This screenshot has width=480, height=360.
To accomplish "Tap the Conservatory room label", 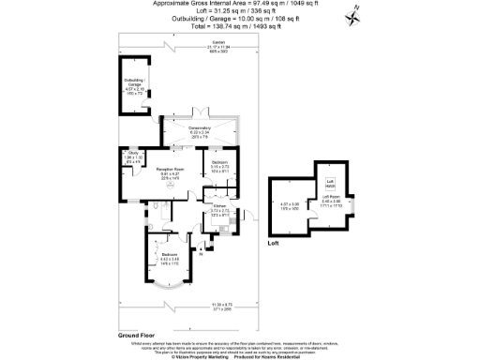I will [x=198, y=130].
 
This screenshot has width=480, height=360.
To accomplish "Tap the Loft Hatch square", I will [x=330, y=182].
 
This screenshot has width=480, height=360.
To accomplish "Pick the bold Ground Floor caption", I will [x=136, y=335].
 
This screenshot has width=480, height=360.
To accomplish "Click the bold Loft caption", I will [x=274, y=243].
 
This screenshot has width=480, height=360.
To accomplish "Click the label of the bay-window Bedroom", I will [x=169, y=258].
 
